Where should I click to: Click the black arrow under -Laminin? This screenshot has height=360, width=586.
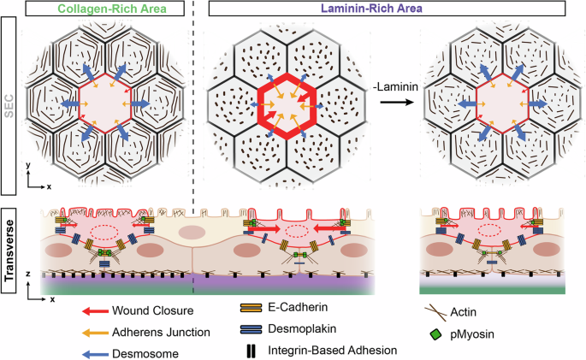click(x=389, y=102)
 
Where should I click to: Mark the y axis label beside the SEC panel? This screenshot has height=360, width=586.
click(x=29, y=162)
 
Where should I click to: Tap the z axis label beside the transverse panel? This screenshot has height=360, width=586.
click(x=29, y=274)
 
